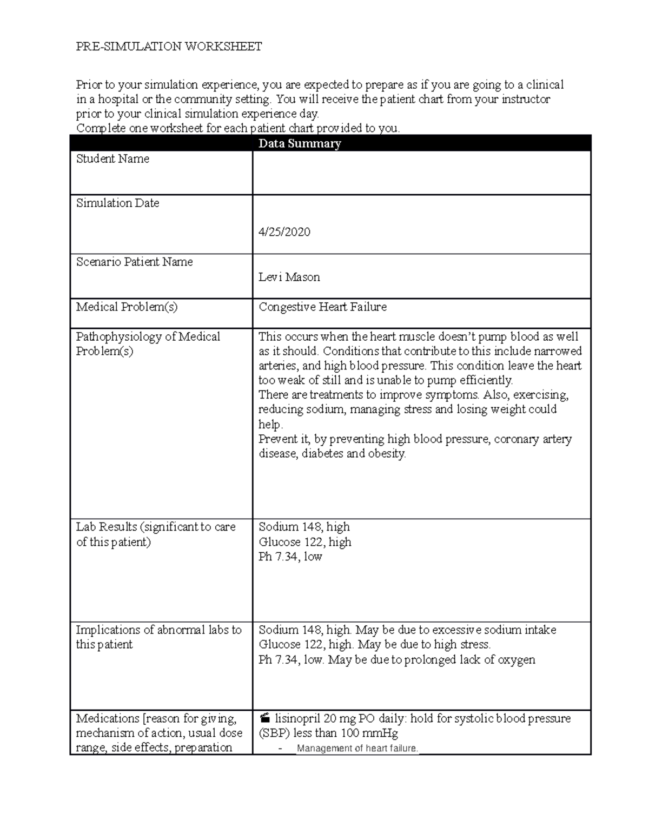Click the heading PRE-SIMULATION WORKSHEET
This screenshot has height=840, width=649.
(169, 47)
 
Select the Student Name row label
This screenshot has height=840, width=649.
(112, 159)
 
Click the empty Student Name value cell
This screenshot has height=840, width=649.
(421, 173)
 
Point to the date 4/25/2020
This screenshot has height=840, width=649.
(284, 232)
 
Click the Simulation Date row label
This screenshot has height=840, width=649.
(117, 203)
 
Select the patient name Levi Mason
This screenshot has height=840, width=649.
(289, 277)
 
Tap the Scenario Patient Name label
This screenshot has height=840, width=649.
(134, 262)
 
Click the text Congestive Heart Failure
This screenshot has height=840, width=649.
(322, 307)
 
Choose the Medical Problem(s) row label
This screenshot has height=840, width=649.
(127, 307)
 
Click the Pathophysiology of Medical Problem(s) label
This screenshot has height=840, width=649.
(148, 344)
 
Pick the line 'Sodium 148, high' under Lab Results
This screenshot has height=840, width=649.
(304, 527)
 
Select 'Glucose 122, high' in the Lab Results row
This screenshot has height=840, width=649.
(304, 542)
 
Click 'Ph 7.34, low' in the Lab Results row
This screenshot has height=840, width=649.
(290, 557)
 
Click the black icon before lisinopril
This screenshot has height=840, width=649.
(264, 719)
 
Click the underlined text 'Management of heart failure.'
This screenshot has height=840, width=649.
(357, 749)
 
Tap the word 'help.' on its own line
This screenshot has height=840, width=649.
(270, 425)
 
